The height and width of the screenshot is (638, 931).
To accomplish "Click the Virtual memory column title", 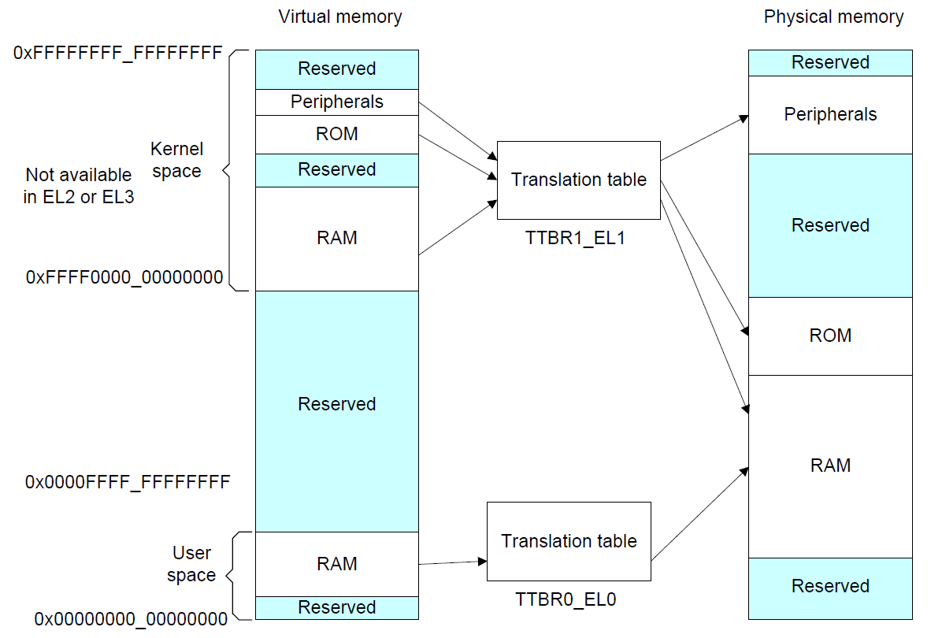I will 340,17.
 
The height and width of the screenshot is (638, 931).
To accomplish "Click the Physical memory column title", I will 833,17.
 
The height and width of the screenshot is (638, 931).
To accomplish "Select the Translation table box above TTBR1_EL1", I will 578,180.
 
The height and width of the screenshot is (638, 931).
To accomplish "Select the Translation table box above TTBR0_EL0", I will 569,541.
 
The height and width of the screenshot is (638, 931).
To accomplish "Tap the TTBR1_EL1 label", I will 575,238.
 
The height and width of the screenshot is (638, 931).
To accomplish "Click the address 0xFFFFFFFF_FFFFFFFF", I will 118,54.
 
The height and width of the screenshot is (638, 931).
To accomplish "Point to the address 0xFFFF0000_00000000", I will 124,277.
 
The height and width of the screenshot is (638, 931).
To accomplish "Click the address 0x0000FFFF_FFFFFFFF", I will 128,481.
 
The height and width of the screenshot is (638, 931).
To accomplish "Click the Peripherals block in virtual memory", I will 336,102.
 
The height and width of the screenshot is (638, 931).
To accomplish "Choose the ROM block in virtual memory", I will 336,135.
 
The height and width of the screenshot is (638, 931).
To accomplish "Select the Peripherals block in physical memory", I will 830,115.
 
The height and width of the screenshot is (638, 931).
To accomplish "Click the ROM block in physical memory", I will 830,336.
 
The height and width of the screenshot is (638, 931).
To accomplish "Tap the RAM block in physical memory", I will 830,466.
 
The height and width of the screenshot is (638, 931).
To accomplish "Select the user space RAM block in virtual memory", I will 336,564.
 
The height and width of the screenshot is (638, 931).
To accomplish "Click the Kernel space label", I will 176,160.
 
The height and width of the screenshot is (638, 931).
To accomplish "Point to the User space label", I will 191,564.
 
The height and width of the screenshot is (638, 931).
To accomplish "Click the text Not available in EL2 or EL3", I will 79,186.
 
